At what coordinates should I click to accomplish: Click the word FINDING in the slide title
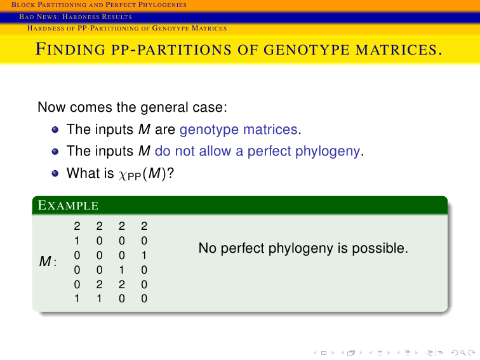[x=70, y=49]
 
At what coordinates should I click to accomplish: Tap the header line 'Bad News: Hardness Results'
[x=76, y=17]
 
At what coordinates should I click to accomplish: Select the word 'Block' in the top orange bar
[x=23, y=4]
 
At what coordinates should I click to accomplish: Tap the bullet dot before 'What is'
[x=55, y=173]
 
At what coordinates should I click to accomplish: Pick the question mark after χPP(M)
[x=171, y=173]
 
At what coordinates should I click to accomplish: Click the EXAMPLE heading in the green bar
[x=68, y=205]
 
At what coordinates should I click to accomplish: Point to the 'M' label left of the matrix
[x=45, y=262]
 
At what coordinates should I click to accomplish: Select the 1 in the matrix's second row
[x=77, y=241]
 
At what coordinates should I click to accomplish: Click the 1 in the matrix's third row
[x=144, y=255]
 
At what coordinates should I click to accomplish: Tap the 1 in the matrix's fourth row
[x=121, y=270]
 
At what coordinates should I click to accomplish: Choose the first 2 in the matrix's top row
[x=77, y=226]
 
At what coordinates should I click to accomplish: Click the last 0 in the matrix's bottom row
[x=144, y=298]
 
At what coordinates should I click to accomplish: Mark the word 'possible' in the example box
[x=380, y=249]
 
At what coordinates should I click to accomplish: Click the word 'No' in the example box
[x=208, y=248]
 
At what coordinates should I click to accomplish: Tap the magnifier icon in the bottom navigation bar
[x=463, y=353]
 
